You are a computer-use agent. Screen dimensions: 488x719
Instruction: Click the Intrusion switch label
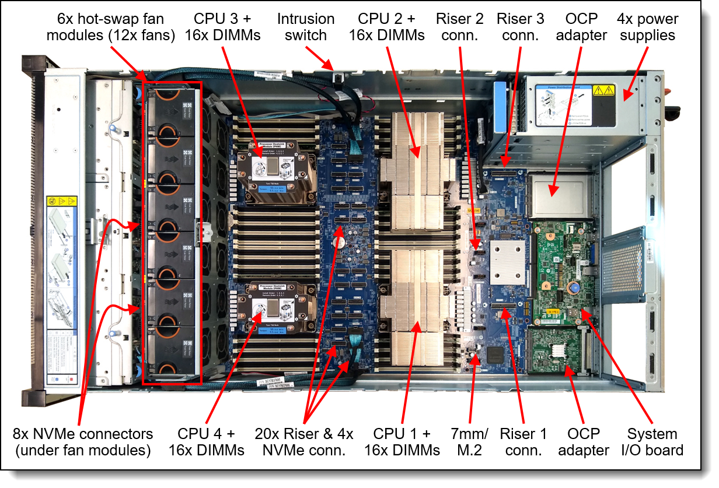[x=306, y=27]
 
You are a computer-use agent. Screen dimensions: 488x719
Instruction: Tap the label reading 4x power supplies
[x=647, y=27]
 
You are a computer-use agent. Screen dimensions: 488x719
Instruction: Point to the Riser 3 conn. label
[x=520, y=27]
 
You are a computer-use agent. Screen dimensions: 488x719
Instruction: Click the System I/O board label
[x=652, y=442]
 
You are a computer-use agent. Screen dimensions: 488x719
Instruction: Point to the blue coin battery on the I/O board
[x=574, y=287]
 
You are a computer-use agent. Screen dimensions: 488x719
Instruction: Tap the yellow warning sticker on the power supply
[x=603, y=90]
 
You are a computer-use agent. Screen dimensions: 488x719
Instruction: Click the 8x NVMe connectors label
[x=83, y=442]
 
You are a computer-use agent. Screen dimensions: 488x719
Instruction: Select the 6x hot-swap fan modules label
[x=111, y=27]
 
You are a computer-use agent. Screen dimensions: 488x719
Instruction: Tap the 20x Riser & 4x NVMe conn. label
[x=304, y=442]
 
